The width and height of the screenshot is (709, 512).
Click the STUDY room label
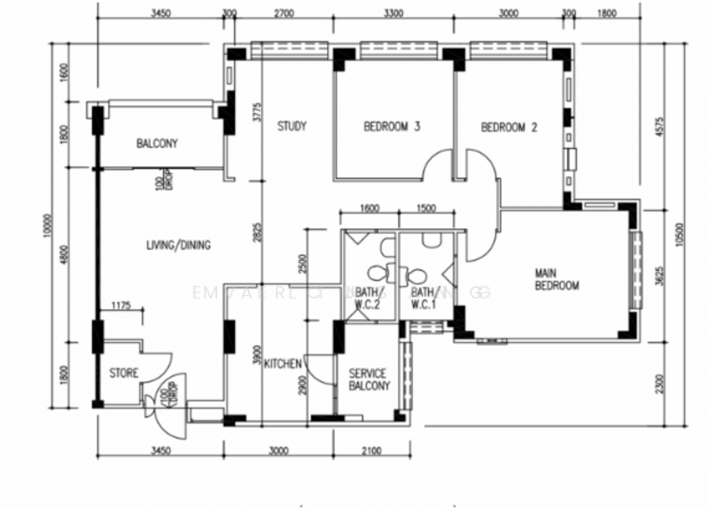[x=292, y=127]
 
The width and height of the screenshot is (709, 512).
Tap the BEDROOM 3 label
[x=392, y=127]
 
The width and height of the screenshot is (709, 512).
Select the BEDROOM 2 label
[x=509, y=127]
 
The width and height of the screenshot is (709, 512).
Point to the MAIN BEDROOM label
[x=557, y=279]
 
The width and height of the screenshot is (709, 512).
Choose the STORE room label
[x=124, y=373]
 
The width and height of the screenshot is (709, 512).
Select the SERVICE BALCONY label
[x=369, y=380]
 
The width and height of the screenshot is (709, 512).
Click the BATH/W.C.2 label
[x=367, y=298]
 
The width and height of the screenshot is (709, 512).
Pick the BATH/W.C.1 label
[x=424, y=298]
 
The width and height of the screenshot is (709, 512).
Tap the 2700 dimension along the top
[x=284, y=13]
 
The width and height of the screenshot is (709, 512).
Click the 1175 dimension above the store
[x=121, y=306]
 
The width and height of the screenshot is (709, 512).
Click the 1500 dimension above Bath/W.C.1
[x=425, y=208]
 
